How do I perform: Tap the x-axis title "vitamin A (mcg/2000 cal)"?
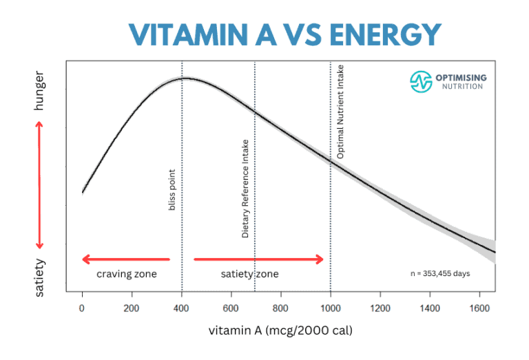[280, 330]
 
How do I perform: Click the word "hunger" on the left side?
[39, 89]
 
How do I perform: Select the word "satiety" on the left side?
[39, 277]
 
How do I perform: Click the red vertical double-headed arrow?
[39, 184]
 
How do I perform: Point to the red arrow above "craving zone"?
[125, 260]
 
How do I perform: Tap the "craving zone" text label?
[126, 274]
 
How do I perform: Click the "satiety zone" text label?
[249, 274]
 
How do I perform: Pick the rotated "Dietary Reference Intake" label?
[245, 189]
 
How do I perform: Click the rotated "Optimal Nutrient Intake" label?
[340, 112]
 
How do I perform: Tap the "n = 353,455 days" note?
[440, 273]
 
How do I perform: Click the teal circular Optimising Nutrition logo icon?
[420, 81]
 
